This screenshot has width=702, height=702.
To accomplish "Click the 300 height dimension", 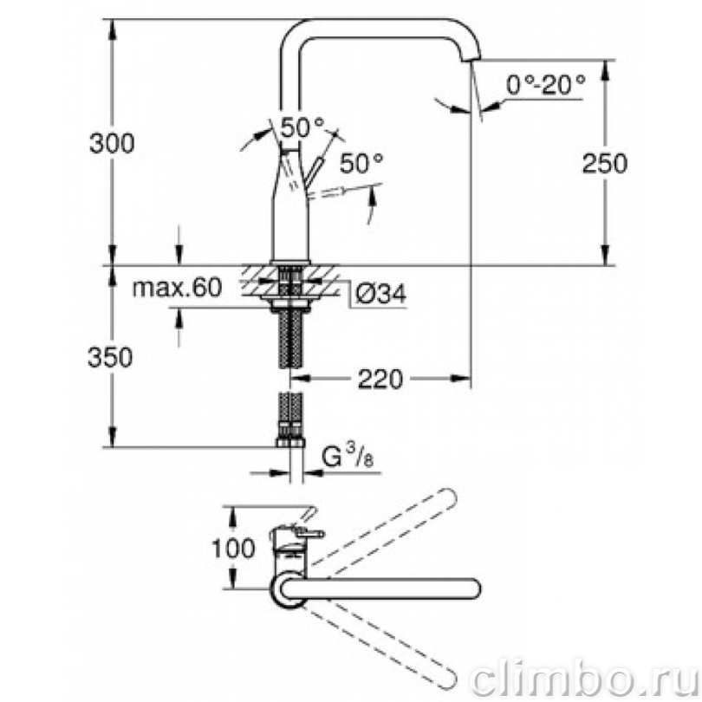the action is click(x=112, y=144).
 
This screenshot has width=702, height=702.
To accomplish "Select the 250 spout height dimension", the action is click(x=605, y=163).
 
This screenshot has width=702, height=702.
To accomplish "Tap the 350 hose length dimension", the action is click(x=110, y=357).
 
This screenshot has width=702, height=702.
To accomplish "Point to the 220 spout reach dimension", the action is click(x=380, y=380).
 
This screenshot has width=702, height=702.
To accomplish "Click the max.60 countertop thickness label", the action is click(x=178, y=288).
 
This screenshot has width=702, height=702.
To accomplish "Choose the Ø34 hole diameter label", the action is click(x=381, y=294).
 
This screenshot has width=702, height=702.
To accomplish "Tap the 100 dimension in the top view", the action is click(x=233, y=548).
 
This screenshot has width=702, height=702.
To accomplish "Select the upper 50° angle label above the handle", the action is click(x=302, y=127).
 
